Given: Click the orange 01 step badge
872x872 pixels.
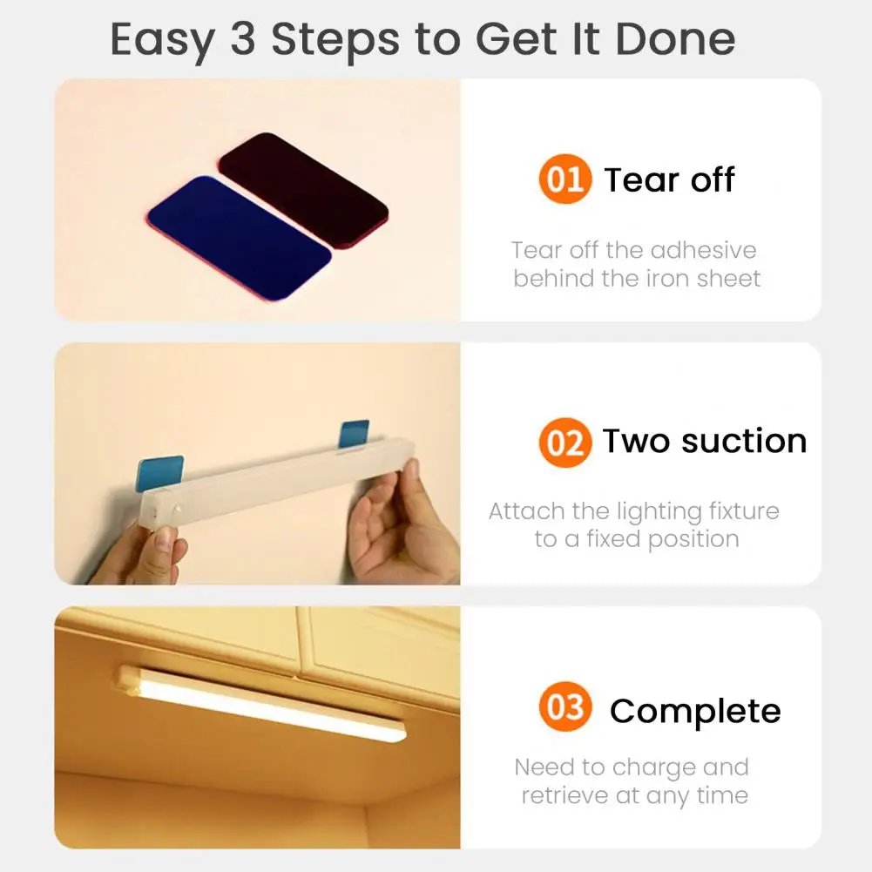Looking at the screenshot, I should tap(564, 179).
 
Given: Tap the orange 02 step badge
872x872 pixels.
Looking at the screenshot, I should tap(564, 443).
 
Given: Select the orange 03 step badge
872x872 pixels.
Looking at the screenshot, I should tap(564, 707).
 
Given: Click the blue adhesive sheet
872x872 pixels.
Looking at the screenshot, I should tap(239, 236).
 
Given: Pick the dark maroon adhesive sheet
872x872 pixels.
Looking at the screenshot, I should tap(303, 188).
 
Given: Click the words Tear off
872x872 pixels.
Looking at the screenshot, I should tap(669, 179).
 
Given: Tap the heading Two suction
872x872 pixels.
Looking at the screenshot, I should tap(704, 441).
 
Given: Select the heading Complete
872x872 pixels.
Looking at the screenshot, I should tap(694, 711).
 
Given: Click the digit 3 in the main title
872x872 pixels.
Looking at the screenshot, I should tap(242, 39).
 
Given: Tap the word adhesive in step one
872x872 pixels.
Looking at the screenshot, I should tap(703, 251).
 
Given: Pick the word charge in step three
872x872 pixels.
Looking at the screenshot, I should tap(652, 767).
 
